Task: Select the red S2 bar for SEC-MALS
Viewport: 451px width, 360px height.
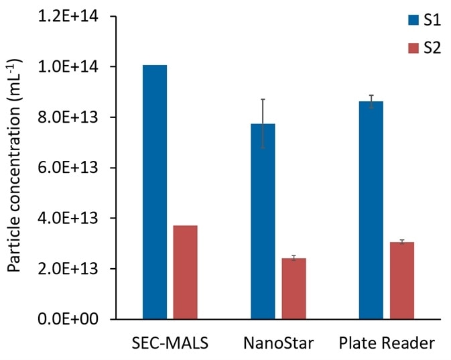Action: pyautogui.click(x=185, y=272)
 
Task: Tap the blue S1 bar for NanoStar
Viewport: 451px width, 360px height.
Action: pyautogui.click(x=263, y=221)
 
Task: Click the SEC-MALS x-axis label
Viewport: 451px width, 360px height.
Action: pyautogui.click(x=170, y=344)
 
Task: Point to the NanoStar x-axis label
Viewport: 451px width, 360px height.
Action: pyautogui.click(x=278, y=344)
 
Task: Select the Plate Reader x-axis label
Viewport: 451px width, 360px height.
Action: pyautogui.click(x=386, y=344)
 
